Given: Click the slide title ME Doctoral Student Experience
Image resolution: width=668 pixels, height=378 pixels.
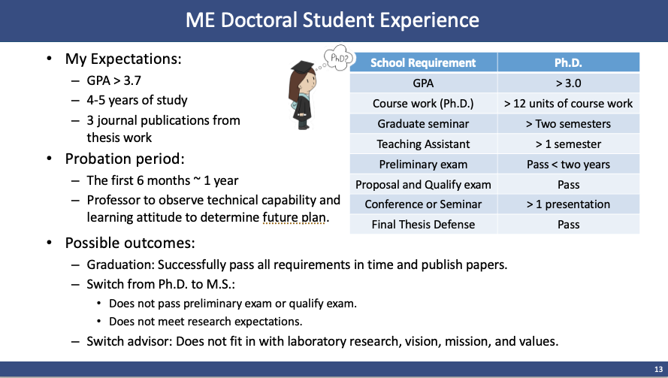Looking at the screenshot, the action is tap(332, 20).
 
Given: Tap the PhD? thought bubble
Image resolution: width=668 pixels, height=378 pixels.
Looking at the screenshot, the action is tap(339, 57).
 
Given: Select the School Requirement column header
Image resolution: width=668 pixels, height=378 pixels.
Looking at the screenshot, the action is tap(423, 62).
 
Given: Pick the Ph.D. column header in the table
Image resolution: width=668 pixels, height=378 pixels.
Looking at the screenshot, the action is tap(568, 62).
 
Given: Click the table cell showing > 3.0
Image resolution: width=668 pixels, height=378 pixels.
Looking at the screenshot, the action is tap(568, 83).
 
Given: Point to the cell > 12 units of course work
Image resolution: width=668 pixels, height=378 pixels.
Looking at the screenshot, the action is tap(568, 104).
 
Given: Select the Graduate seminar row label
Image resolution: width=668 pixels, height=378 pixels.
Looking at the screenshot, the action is tap(423, 124).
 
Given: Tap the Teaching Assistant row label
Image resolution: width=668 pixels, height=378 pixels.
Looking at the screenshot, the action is tap(423, 144).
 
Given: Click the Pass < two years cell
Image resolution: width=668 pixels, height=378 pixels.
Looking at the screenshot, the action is tap(568, 165).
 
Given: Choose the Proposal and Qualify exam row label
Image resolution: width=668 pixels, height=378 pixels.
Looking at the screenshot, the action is tap(423, 185).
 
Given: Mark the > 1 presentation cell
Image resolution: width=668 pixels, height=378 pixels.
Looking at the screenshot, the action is tap(568, 204).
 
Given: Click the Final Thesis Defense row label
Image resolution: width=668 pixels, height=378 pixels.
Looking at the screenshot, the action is tap(423, 225).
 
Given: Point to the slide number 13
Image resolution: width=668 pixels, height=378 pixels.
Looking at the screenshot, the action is tap(658, 370).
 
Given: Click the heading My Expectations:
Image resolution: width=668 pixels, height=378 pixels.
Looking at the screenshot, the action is tap(123, 59).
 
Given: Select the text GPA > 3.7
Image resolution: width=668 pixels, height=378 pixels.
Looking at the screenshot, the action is tap(113, 80).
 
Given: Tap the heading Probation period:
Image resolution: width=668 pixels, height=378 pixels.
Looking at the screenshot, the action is tap(125, 159).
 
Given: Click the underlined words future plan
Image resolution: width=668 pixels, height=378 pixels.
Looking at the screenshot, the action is tap(294, 217).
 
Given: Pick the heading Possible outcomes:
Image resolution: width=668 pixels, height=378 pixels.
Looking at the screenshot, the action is tap(130, 243).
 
